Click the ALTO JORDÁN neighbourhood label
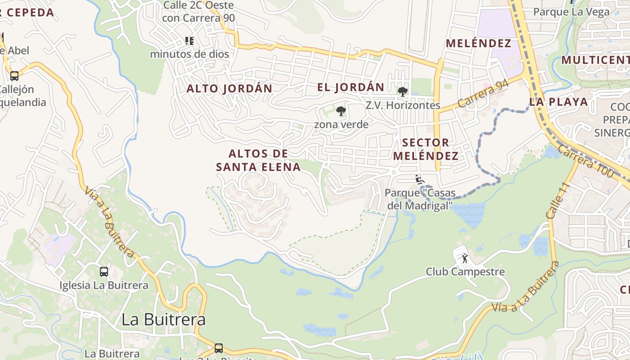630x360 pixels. pyautogui.click(x=229, y=89)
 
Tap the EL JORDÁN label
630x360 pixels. pyautogui.click(x=351, y=87)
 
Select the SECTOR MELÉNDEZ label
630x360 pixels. pyautogui.click(x=426, y=149)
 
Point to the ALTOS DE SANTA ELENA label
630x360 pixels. pyautogui.click(x=258, y=160)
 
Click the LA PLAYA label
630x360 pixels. pyautogui.click(x=559, y=102)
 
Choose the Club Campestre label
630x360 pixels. pyautogui.click(x=465, y=272)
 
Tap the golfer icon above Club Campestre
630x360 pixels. pyautogui.click(x=465, y=258)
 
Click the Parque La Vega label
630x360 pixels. pyautogui.click(x=571, y=12)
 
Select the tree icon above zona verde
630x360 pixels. pyautogui.click(x=341, y=111)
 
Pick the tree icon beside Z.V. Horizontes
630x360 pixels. pyautogui.click(x=402, y=92)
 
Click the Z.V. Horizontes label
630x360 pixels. pyautogui.click(x=403, y=105)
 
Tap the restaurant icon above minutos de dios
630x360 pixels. pyautogui.click(x=189, y=41)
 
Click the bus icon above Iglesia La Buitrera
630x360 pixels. pyautogui.click(x=104, y=272)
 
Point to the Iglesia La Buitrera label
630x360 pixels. pyautogui.click(x=104, y=285)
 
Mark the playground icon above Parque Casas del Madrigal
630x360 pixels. pyautogui.click(x=419, y=180)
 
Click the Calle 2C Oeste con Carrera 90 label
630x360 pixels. pyautogui.click(x=198, y=12)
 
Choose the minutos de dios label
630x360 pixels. pyautogui.click(x=189, y=54)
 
